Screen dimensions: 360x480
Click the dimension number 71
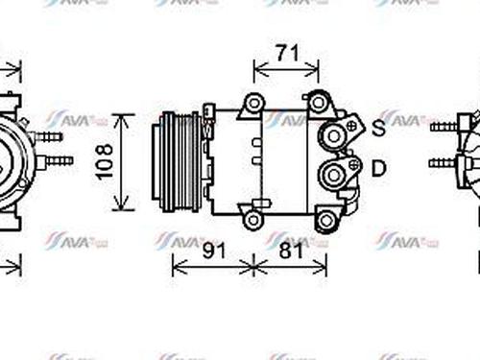click(286, 53)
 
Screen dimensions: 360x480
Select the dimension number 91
click(214, 251)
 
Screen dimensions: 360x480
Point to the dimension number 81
click(291, 251)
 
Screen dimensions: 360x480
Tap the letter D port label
click(378, 169)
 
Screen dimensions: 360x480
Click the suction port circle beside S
click(334, 135)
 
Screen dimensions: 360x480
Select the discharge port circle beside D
click(334, 174)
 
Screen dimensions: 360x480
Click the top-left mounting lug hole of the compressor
click(253, 103)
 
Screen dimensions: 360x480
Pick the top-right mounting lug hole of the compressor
click(318, 101)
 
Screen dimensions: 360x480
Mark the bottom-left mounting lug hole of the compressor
click(252, 219)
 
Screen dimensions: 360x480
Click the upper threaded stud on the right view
click(443, 127)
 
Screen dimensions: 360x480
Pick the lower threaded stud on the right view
click(443, 161)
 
